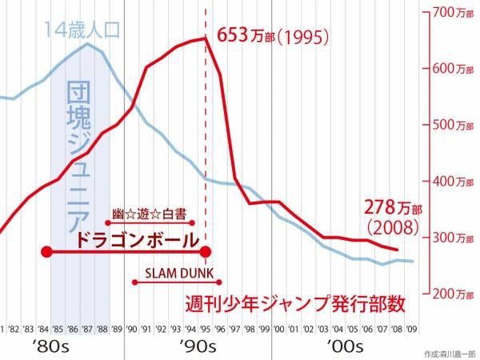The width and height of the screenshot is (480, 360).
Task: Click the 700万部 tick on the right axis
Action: (450, 13)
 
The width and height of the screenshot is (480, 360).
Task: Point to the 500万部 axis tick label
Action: (450, 126)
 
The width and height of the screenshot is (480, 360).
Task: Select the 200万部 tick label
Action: (450, 294)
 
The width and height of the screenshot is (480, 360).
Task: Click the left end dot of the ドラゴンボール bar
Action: (46, 253)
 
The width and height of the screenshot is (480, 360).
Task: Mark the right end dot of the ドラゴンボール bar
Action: (206, 253)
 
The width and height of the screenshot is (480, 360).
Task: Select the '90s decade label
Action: (194, 346)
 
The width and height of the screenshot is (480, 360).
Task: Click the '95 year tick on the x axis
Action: (205, 328)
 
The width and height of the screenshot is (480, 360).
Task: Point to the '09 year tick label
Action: (410, 328)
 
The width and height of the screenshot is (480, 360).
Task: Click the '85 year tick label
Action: (58, 328)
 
